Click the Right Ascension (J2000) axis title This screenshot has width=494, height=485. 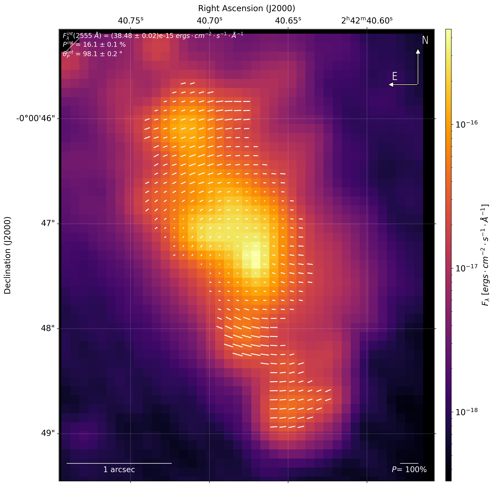246,8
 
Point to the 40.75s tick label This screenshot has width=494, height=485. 130,21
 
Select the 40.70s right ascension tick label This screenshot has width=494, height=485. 209,21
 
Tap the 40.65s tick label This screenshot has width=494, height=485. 288,21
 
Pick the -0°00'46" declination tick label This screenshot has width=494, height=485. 35,119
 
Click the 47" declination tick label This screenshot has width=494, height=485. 48,224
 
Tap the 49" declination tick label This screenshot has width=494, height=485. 48,433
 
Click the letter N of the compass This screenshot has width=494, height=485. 425,40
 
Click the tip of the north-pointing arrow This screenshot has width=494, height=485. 418,49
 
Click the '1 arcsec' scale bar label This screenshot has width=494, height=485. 119,470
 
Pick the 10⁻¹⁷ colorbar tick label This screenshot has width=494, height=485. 466,268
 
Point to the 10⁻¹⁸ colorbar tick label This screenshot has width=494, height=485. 466,412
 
